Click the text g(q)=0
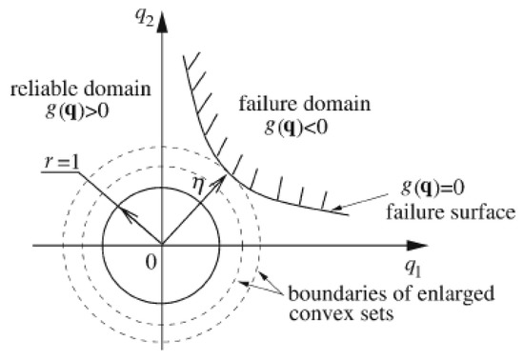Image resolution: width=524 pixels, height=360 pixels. [434, 189]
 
